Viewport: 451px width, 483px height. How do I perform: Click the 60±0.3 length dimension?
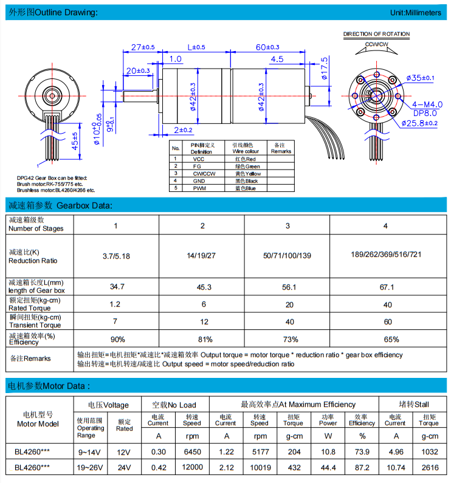click(x=267, y=47)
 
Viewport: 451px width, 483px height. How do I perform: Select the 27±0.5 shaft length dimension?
click(x=143, y=47)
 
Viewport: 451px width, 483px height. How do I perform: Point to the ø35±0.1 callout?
click(x=419, y=78)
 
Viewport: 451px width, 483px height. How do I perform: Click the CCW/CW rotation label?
click(x=376, y=45)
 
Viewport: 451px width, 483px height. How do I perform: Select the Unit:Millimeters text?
click(x=416, y=13)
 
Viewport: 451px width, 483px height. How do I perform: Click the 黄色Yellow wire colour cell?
click(x=245, y=174)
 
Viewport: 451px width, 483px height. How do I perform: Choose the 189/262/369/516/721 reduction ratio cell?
click(x=385, y=255)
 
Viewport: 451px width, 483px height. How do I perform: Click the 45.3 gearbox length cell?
click(x=202, y=286)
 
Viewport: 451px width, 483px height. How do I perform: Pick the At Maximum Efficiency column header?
click(x=298, y=405)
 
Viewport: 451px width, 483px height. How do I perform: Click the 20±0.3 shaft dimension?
click(x=138, y=71)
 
